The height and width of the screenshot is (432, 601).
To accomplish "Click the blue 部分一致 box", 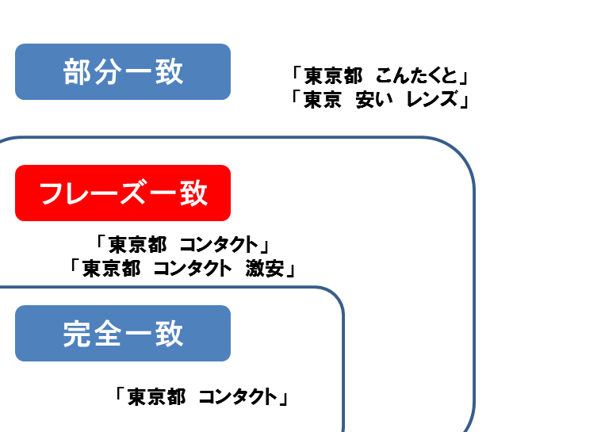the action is tap(123, 71).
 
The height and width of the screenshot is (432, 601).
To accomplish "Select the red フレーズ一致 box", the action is tap(123, 193).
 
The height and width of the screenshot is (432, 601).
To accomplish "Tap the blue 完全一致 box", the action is tap(123, 333).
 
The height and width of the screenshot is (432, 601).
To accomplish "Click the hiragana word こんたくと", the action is tap(416, 75).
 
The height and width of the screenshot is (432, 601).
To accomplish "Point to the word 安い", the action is tap(374, 100).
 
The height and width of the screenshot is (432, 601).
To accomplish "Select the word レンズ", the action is tap(432, 100).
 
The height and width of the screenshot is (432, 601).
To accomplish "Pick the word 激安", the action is tap(265, 269).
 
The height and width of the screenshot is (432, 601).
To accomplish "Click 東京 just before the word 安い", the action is tap(323, 100).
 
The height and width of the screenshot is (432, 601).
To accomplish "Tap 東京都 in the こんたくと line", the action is tap(333, 75).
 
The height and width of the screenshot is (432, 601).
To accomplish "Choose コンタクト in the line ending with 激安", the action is tap(193, 269).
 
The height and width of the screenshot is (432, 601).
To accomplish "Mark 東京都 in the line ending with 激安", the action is tap(112, 269).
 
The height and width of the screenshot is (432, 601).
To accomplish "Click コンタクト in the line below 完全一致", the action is tap(238, 397).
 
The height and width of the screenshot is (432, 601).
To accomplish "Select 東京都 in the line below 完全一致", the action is tap(157, 397).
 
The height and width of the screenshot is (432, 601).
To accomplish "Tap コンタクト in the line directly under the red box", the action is tap(219, 245).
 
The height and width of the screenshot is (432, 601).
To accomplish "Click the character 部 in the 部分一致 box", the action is tap(77, 71).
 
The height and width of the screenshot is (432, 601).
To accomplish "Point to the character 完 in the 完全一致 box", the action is tap(77, 334).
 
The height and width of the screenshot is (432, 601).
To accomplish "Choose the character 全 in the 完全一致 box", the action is tap(107, 334).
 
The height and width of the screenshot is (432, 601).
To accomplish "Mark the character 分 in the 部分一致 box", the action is tap(107, 71).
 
